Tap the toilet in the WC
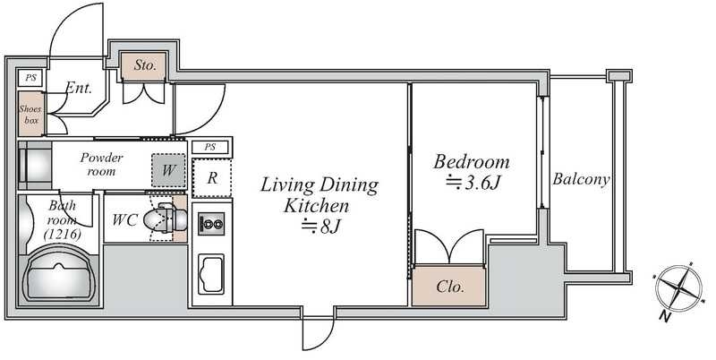166,220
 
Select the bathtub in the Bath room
58,275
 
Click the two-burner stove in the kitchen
211,224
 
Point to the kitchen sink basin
211,274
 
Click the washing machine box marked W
168,170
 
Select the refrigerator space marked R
212,177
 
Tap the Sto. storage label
145,64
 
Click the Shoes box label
30,115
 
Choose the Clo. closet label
450,287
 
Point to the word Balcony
581,178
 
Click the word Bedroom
472,162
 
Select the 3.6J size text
473,183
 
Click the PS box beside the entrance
30,78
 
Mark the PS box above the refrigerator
210,147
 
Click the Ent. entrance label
79,88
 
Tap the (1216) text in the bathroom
62,235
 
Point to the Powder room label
101,165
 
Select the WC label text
124,219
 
